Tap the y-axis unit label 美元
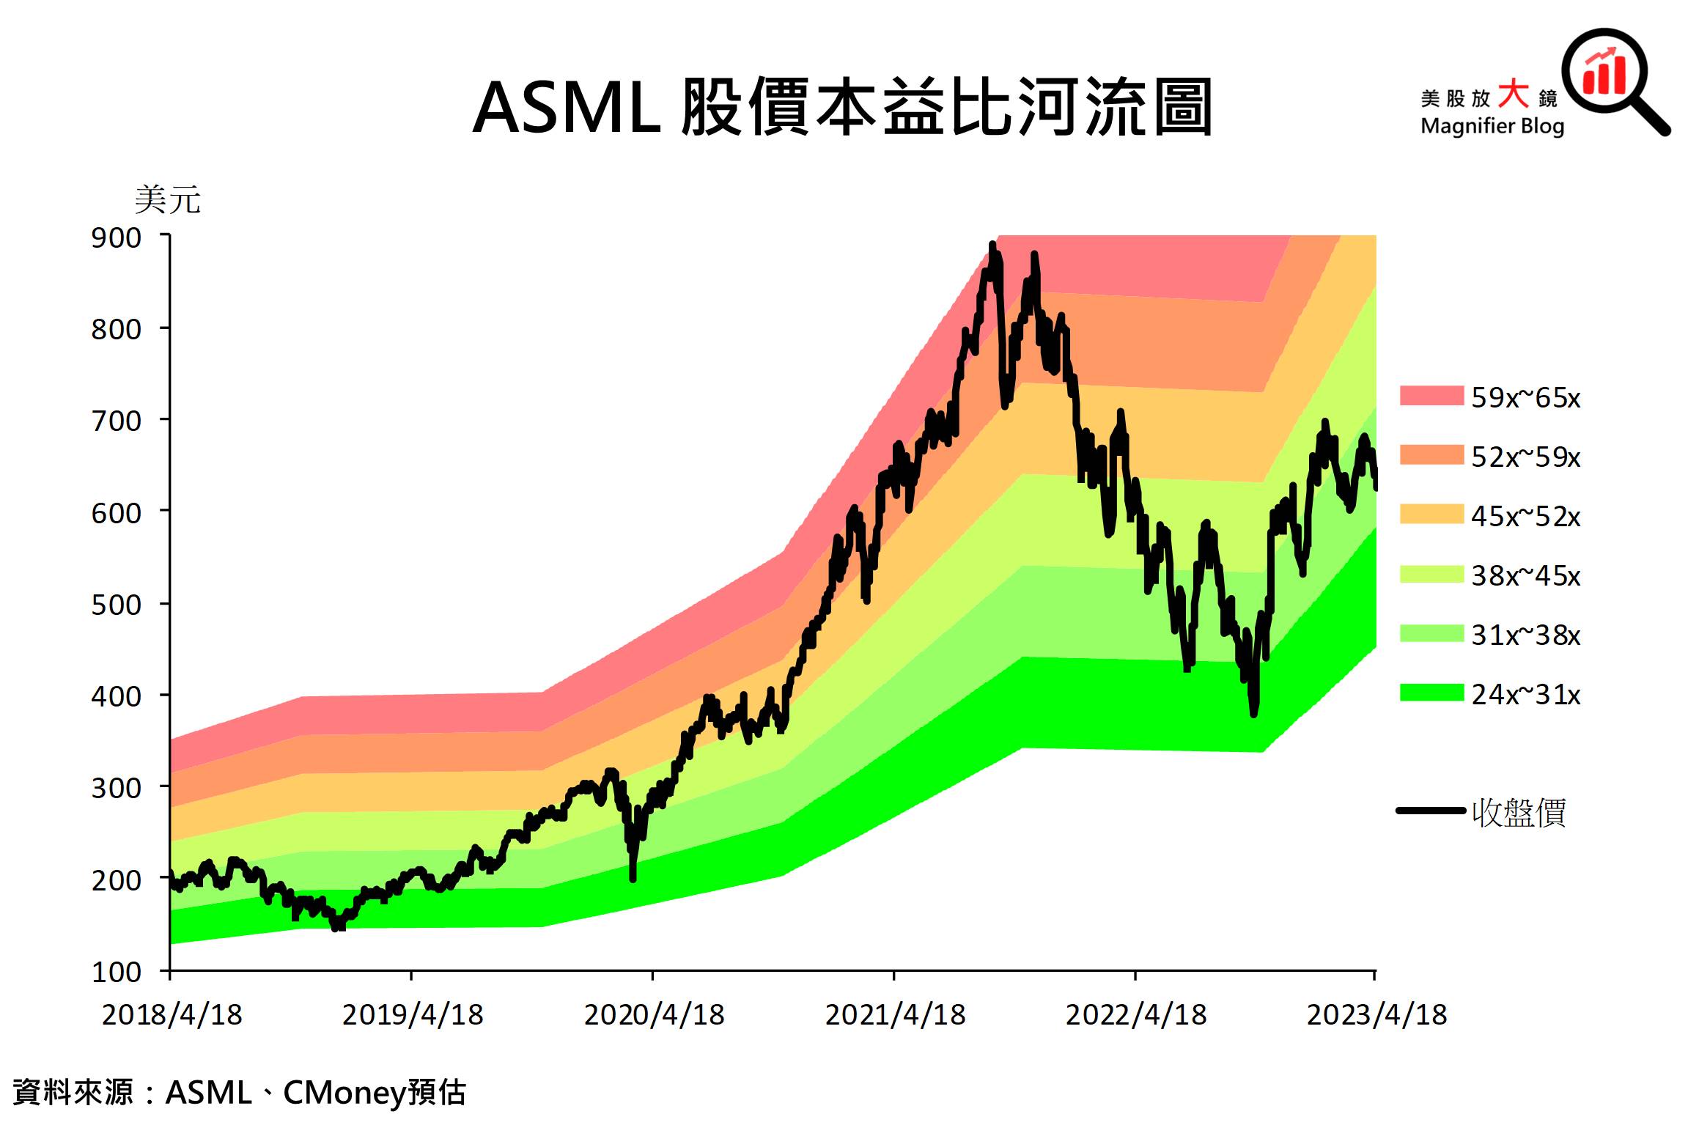pyautogui.click(x=167, y=199)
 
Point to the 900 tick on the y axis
pyautogui.click(x=117, y=238)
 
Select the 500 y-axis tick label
pyautogui.click(x=117, y=605)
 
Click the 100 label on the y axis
pyautogui.click(x=117, y=972)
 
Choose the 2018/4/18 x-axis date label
pyautogui.click(x=172, y=1015)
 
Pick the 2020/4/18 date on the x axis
pyautogui.click(x=654, y=1015)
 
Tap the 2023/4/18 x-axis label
pyautogui.click(x=1376, y=1015)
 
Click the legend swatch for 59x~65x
pyautogui.click(x=1431, y=396)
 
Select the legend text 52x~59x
pyautogui.click(x=1525, y=457)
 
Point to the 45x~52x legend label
pyautogui.click(x=1525, y=516)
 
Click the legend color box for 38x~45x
pyautogui.click(x=1431, y=574)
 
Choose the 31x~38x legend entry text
pyautogui.click(x=1525, y=635)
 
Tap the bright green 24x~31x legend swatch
pyautogui.click(x=1431, y=693)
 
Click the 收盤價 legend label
pyautogui.click(x=1519, y=812)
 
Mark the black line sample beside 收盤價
pyautogui.click(x=1431, y=811)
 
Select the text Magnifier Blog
pyautogui.click(x=1492, y=126)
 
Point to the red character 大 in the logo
pyautogui.click(x=1513, y=95)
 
